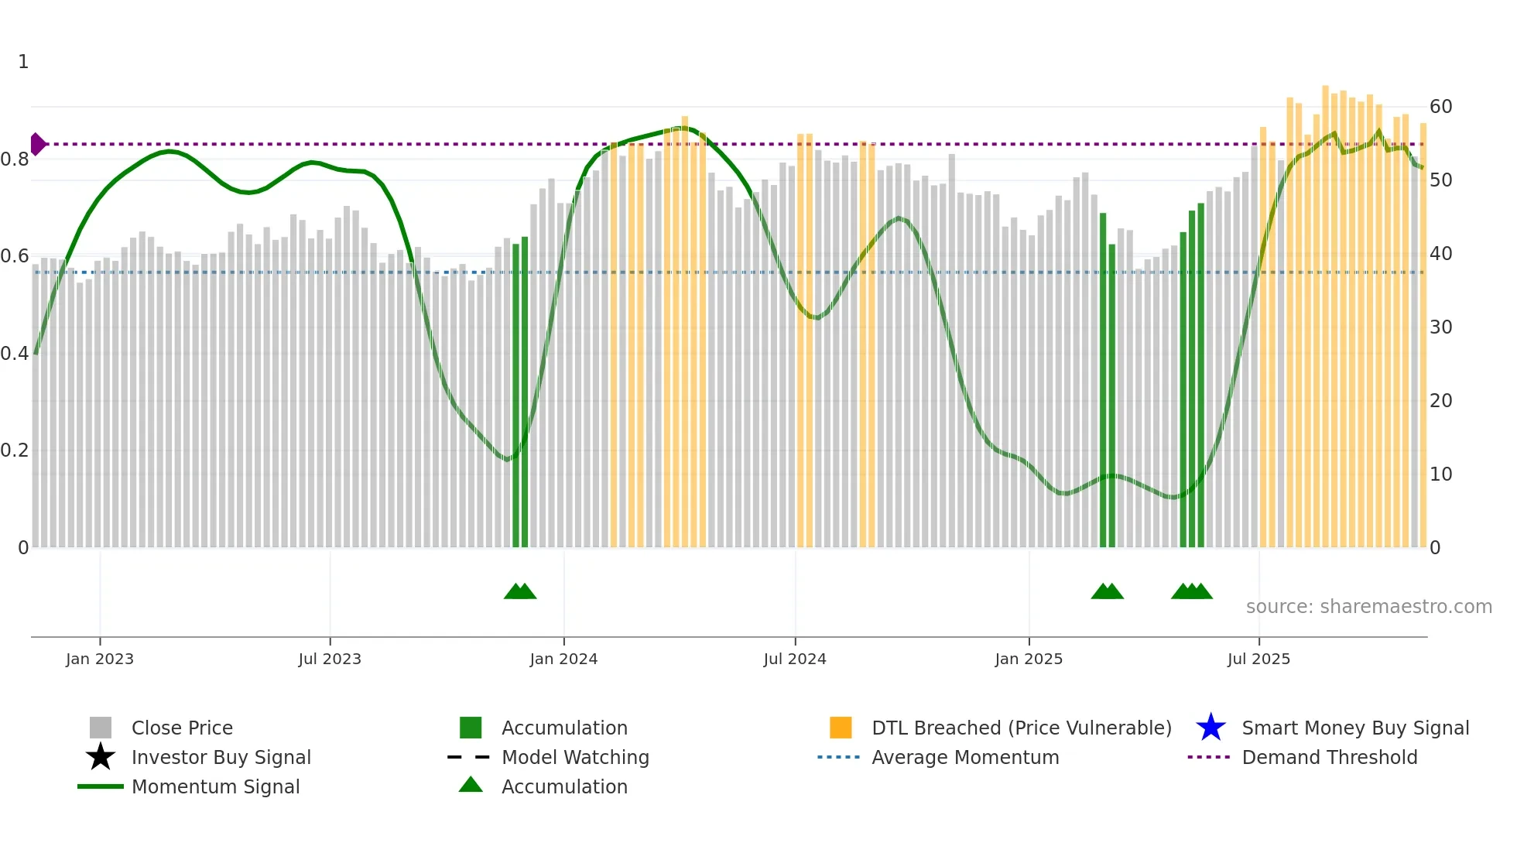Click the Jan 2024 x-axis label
pyautogui.click(x=563, y=659)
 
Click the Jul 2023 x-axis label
pyautogui.click(x=330, y=659)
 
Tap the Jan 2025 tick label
pyautogui.click(x=1029, y=659)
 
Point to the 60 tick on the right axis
pyautogui.click(x=1440, y=107)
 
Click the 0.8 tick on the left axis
pyautogui.click(x=15, y=159)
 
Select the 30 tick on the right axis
pyautogui.click(x=1440, y=327)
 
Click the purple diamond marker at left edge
pyautogui.click(x=37, y=144)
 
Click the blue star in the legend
pyautogui.click(x=1211, y=728)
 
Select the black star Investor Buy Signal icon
pyautogui.click(x=101, y=757)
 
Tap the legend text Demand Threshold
pyautogui.click(x=1329, y=757)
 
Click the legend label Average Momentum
pyautogui.click(x=965, y=757)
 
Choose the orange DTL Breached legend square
pyautogui.click(x=841, y=728)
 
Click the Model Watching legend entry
pyautogui.click(x=575, y=757)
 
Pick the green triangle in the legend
pyautogui.click(x=471, y=786)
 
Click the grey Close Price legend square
pyautogui.click(x=101, y=728)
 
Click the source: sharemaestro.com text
pyautogui.click(x=1368, y=607)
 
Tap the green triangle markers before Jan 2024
pyautogui.click(x=520, y=591)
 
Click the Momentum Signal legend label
pyautogui.click(x=215, y=786)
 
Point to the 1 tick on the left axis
pyautogui.click(x=23, y=62)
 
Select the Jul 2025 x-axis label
pyautogui.click(x=1258, y=659)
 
